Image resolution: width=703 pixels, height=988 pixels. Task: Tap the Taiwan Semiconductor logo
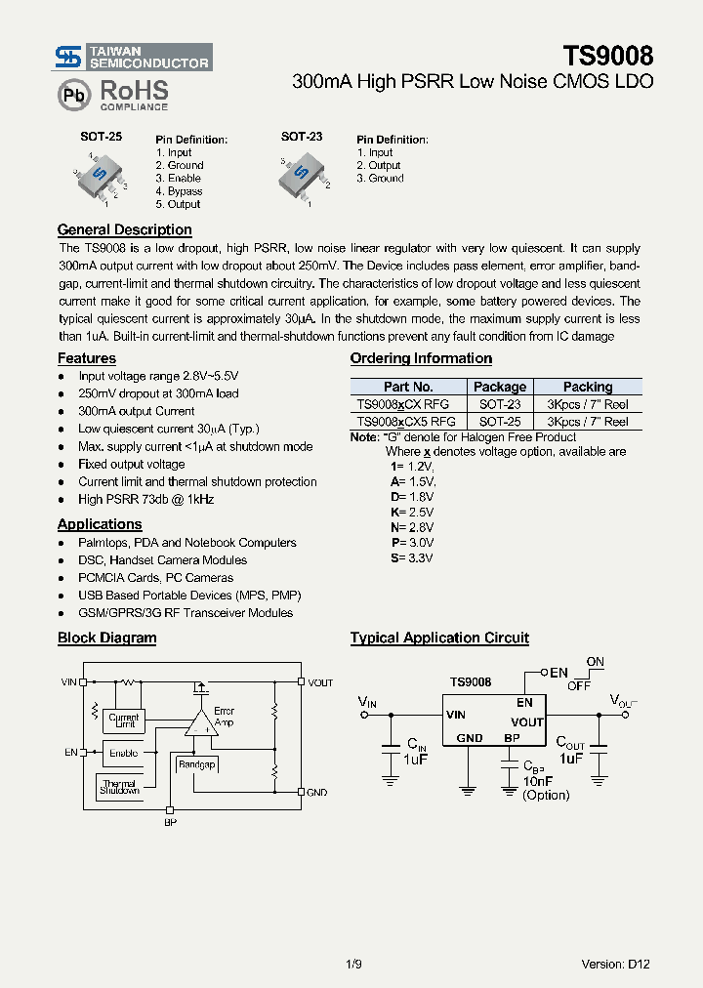133,58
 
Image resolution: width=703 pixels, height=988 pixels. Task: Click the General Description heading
124,230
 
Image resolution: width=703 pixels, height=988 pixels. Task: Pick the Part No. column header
408,387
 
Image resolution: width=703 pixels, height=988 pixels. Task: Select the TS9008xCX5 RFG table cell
408,422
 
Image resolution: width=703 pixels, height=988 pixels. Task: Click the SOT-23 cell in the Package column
499,404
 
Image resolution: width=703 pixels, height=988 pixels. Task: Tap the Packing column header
587,387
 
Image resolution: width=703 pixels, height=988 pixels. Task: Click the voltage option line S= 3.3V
411,558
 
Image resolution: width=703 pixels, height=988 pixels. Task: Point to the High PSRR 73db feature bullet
145,499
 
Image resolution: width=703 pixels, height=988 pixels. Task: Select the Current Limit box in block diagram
123,720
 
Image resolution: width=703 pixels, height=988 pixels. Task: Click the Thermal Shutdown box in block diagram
119,786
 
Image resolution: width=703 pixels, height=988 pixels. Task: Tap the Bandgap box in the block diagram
196,764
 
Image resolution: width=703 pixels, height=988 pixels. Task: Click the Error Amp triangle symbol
201,723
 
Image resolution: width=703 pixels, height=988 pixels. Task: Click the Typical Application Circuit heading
439,638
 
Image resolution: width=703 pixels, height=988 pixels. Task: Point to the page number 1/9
353,964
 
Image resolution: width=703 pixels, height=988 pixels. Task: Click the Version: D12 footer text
615,964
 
